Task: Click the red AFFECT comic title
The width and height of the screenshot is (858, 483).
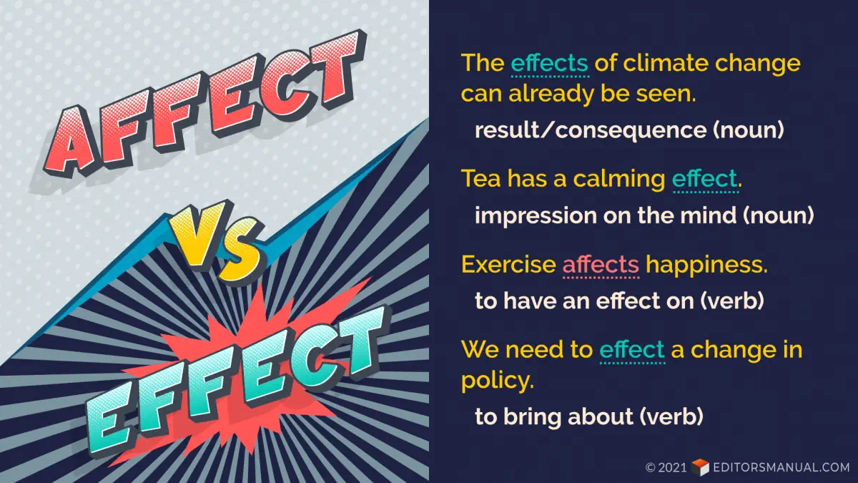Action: (205, 102)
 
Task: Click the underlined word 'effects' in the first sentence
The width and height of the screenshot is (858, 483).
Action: (550, 63)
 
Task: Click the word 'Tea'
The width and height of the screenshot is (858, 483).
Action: (480, 179)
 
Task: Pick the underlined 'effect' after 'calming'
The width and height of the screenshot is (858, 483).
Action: (705, 179)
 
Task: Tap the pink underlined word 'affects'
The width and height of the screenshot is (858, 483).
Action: (601, 265)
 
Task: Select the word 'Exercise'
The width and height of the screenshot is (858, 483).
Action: (508, 265)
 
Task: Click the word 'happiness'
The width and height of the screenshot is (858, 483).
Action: (706, 265)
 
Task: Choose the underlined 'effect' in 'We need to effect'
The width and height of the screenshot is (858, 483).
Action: (632, 350)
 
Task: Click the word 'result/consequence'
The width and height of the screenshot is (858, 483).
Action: (591, 130)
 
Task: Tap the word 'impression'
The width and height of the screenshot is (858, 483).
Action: (536, 216)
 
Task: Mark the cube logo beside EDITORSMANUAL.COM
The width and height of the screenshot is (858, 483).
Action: (700, 467)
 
